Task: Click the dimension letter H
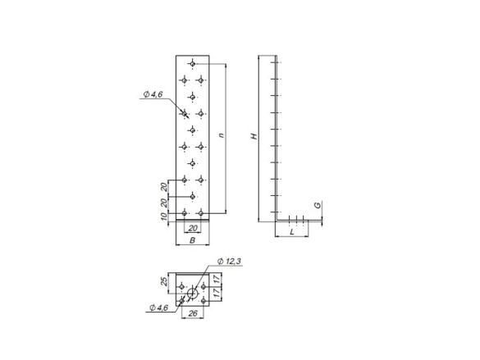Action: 254,136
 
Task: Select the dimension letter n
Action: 222,134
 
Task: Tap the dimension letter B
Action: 192,240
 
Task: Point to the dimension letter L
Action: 292,232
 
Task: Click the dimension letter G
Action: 318,205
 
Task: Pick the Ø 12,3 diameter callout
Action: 229,262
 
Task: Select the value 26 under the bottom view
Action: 193,313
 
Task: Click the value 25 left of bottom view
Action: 164,281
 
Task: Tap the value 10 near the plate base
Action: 164,216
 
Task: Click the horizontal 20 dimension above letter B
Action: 193,228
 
